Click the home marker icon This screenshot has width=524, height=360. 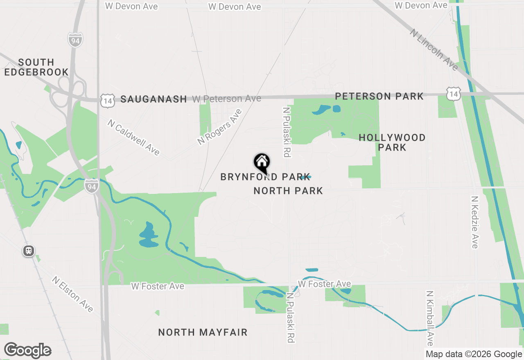262,163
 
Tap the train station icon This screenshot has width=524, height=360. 29,251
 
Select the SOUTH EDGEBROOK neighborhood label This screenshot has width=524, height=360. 37,67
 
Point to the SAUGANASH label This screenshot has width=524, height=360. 154,99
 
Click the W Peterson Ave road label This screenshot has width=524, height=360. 226,99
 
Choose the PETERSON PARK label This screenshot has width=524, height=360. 379,97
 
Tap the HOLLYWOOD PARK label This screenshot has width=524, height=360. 392,142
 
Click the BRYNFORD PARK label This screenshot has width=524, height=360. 265,177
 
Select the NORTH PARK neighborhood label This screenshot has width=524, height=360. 288,191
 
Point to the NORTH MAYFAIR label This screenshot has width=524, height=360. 203,332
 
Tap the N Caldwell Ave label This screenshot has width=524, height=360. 133,137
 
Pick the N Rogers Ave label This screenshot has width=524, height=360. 219,127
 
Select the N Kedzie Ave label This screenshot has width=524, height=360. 474,222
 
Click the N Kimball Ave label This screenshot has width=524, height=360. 429,318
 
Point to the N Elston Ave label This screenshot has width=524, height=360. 73,294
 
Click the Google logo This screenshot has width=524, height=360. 27,351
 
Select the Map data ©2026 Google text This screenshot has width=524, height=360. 474,354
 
